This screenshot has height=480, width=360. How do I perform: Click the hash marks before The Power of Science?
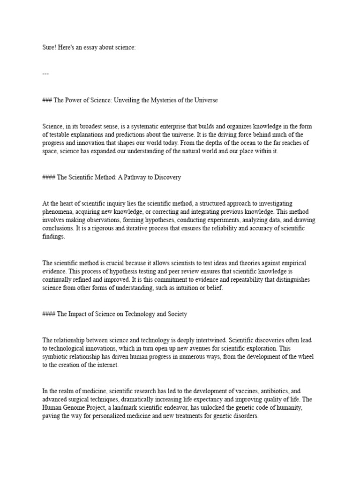coord(48,100)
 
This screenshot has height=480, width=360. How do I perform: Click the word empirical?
coord(293,263)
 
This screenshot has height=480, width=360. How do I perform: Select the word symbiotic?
coord(57,357)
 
